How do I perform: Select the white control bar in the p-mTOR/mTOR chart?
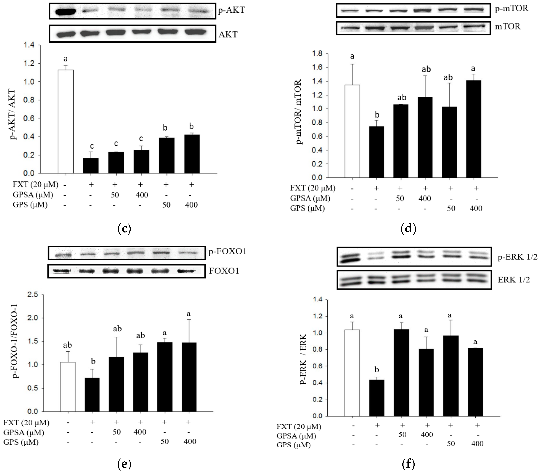click(x=352, y=131)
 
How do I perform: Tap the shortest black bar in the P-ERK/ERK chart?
click(x=377, y=398)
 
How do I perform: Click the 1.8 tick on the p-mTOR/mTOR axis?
click(x=317, y=54)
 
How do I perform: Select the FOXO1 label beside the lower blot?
click(x=224, y=271)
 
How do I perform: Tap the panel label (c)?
click(x=124, y=229)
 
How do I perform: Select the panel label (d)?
click(x=408, y=229)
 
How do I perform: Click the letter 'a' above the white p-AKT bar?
click(x=65, y=58)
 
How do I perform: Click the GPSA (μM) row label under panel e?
click(x=24, y=432)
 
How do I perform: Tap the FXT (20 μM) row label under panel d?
click(x=312, y=188)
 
